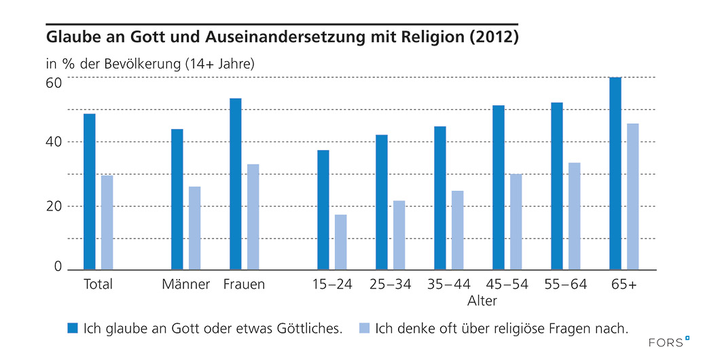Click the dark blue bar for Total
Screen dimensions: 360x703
[x=90, y=192]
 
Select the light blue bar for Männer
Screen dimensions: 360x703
[x=194, y=228]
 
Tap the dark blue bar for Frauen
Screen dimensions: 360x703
[x=236, y=183]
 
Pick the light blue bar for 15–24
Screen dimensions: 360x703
[x=341, y=242]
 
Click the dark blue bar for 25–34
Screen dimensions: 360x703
[x=382, y=202]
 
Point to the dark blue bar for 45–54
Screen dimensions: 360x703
[x=499, y=187]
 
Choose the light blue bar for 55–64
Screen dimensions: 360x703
[x=575, y=216]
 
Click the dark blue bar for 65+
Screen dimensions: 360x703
[x=615, y=173]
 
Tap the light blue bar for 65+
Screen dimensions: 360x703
[x=633, y=196]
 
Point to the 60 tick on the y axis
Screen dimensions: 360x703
[x=54, y=83]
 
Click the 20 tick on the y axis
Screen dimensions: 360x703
[x=54, y=206]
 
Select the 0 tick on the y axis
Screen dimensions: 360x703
[x=58, y=267]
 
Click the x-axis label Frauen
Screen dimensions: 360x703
[x=244, y=285]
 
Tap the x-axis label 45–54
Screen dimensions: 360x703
[x=507, y=285]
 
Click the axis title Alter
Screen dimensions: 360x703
[x=482, y=301]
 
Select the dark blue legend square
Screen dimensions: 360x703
[x=72, y=328]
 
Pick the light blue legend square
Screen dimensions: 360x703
[x=363, y=328]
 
